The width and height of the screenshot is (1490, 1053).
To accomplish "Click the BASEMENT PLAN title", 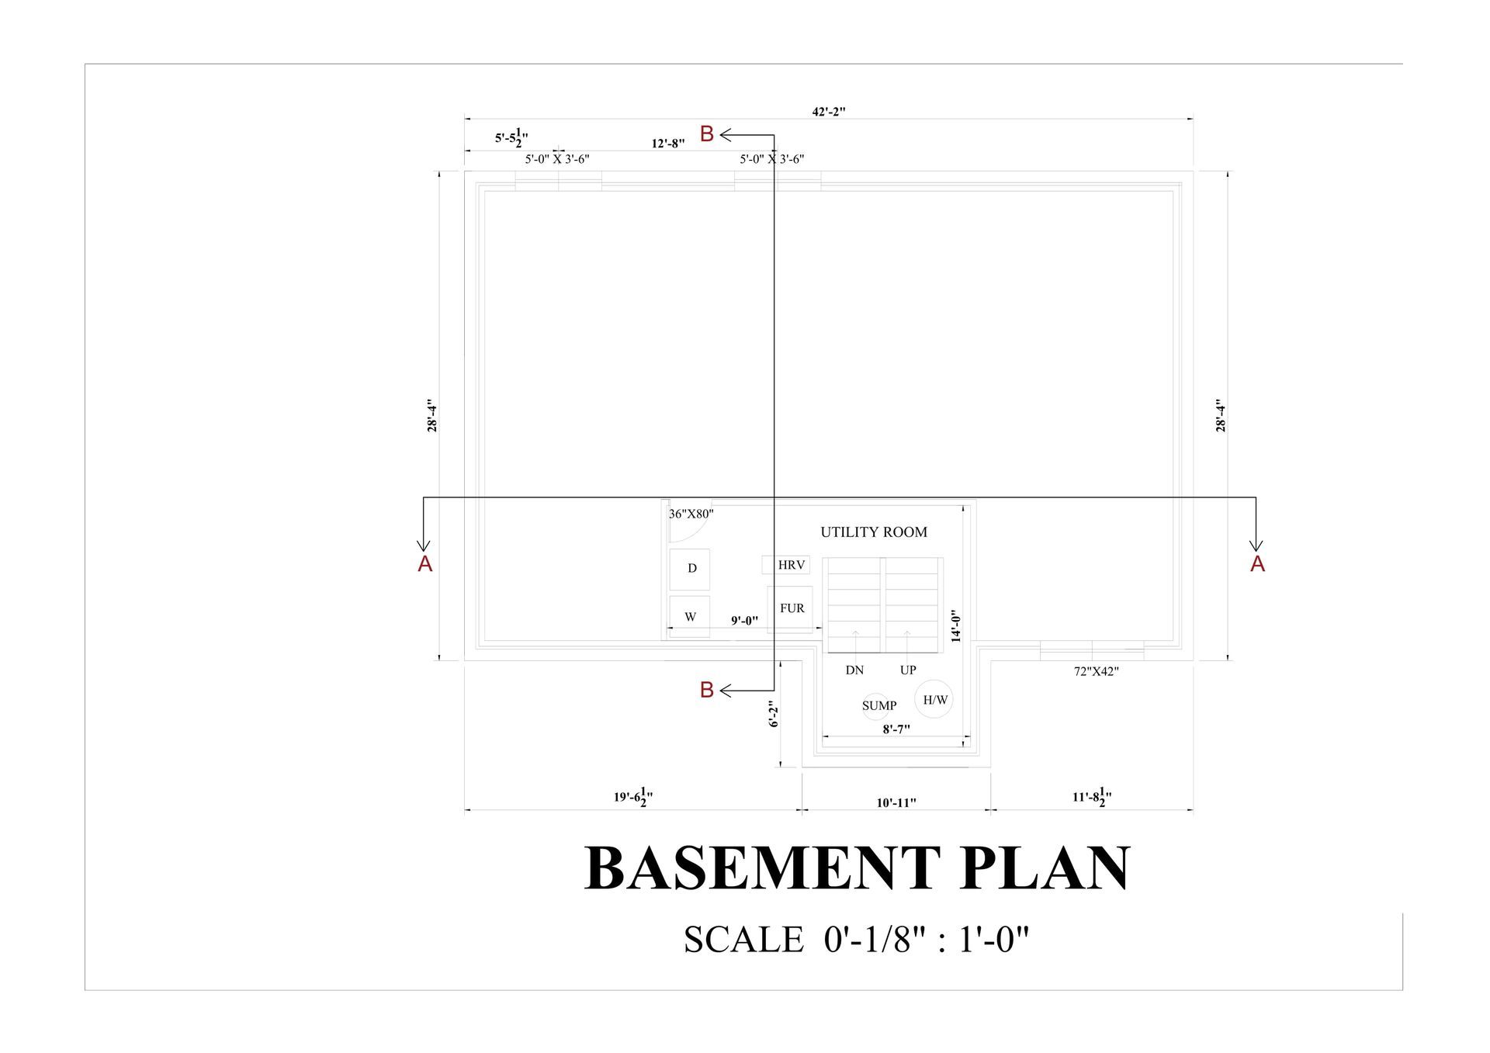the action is tap(857, 868).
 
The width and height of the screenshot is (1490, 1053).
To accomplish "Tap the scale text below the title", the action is tap(856, 940).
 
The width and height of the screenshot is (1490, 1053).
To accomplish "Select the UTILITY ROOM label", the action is tap(874, 532).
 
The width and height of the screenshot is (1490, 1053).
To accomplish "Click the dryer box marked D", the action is tap(690, 569).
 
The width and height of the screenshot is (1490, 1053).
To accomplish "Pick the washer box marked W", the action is tap(690, 617).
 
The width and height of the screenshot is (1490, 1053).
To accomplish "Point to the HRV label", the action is tap(792, 565).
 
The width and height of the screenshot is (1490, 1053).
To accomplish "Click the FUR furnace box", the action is tap(790, 609).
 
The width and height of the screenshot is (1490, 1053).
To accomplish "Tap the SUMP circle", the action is tap(876, 705).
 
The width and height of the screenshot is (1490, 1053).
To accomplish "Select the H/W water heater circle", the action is tap(934, 699).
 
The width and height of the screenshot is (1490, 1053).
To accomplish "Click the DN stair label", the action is tap(854, 670).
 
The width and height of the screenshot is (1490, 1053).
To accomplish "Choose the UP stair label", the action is tap(908, 670).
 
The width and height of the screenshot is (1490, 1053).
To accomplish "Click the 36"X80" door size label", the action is tap(691, 514).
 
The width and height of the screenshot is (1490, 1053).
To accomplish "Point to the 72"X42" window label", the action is tap(1097, 672).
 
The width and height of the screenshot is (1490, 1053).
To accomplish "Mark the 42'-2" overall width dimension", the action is tap(829, 112).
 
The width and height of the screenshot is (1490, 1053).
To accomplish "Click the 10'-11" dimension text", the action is tap(896, 803).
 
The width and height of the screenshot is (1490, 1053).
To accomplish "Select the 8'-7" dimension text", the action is tap(896, 729).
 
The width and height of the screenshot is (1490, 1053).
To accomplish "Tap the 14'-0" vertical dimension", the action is tap(956, 626).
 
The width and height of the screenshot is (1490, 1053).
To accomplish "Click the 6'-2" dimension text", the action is tap(773, 715).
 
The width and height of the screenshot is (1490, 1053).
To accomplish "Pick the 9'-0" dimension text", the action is tap(744, 621).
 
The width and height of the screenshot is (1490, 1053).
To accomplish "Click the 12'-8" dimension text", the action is tap(668, 144).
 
